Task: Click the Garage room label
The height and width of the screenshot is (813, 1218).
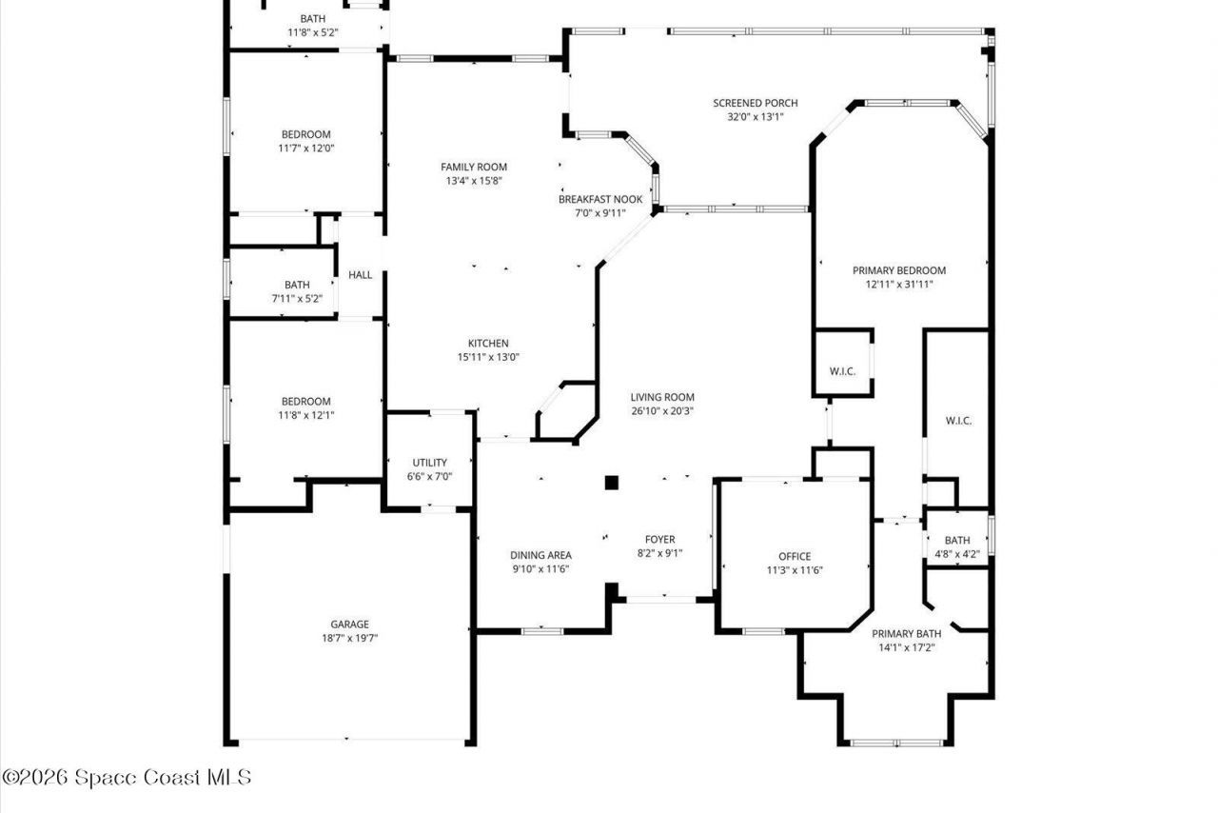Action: [x=349, y=625]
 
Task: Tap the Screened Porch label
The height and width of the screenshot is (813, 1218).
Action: [x=755, y=103]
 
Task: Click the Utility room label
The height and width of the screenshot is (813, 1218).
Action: [x=429, y=463]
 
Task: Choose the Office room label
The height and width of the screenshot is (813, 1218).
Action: [x=795, y=557]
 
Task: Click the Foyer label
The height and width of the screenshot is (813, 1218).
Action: [x=659, y=540]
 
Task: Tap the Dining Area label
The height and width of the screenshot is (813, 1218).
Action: [x=540, y=556]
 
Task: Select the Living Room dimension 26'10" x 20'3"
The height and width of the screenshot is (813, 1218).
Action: [x=661, y=411]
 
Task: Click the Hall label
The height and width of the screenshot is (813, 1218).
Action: [x=361, y=275]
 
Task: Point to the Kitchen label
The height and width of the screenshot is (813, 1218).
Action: [x=488, y=344]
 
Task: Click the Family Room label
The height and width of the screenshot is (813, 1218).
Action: [x=473, y=167]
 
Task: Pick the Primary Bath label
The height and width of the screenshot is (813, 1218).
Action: [x=907, y=634]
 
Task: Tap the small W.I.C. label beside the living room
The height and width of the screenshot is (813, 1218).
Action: [x=842, y=371]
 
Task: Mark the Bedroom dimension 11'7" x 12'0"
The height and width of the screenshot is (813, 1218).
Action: [x=305, y=148]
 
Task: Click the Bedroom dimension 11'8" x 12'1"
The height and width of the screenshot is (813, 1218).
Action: [x=305, y=415]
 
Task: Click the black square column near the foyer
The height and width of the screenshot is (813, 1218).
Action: [x=612, y=483]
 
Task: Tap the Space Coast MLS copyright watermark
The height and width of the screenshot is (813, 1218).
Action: [x=127, y=778]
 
